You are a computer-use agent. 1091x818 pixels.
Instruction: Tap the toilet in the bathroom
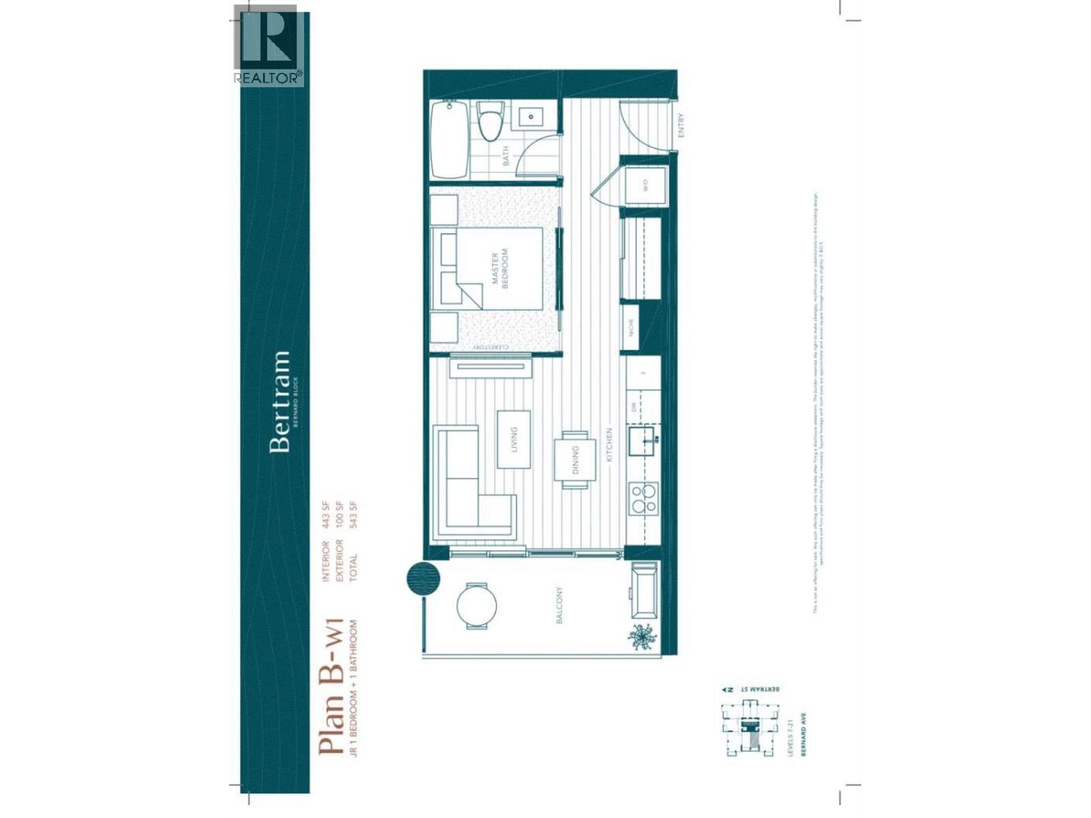coord(490,123)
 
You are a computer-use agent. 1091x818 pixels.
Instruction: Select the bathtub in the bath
coord(449,140)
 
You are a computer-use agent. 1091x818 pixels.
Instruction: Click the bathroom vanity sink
coord(531,117)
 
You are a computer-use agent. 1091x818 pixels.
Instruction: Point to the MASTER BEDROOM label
coord(500,269)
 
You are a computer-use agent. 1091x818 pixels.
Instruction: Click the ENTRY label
coord(681,125)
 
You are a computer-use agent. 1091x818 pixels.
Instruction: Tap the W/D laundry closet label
coord(645,185)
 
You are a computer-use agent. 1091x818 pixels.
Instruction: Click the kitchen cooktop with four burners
coord(643,498)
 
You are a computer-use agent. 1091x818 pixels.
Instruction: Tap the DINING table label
coord(575,460)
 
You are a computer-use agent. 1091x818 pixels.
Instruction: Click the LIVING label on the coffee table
coord(514,440)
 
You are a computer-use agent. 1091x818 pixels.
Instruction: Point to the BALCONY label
coord(559,605)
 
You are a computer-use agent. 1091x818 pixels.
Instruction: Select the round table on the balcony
coord(476,605)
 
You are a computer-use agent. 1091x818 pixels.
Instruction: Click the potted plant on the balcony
coord(642,635)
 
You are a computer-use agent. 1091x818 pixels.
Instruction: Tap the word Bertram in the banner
coord(280,402)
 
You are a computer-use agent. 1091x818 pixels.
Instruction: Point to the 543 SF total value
coord(353,516)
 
